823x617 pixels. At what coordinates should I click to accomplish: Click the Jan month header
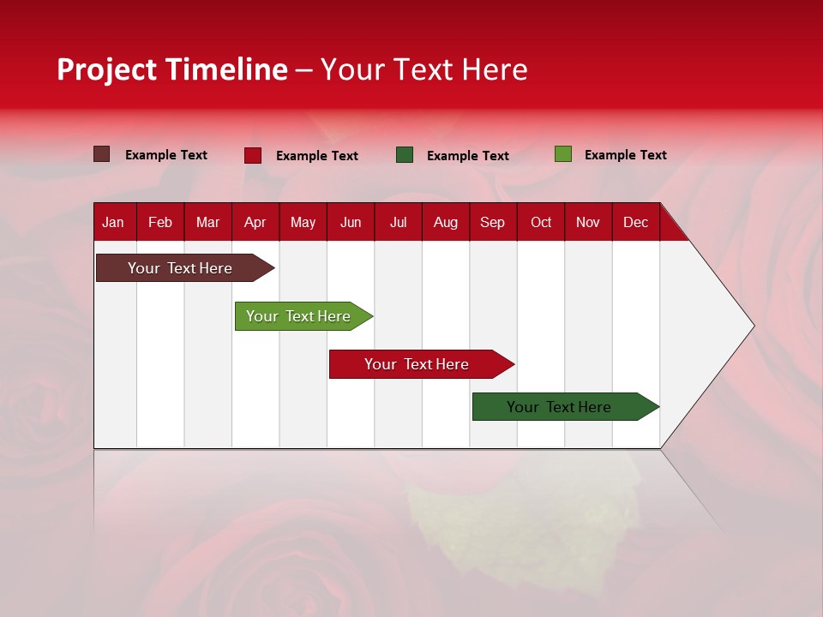tap(113, 222)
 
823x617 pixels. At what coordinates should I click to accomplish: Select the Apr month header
tap(255, 222)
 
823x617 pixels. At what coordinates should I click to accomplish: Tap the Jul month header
tap(398, 222)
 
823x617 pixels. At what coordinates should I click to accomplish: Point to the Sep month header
tap(492, 222)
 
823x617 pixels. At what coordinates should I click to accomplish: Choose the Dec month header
tap(635, 222)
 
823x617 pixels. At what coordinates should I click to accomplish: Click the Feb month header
tap(160, 222)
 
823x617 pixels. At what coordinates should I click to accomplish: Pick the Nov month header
tap(587, 222)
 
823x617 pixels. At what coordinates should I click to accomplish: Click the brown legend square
tap(102, 154)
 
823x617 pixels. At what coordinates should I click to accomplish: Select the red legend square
tap(253, 155)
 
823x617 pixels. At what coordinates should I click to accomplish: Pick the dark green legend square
tap(405, 155)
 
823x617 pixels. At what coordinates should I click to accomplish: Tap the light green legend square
tap(563, 154)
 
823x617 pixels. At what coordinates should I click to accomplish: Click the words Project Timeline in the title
tap(172, 69)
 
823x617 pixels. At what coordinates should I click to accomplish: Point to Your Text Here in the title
tap(424, 69)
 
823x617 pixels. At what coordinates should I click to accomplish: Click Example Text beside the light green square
tap(625, 155)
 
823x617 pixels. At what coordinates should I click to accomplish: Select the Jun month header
tap(350, 222)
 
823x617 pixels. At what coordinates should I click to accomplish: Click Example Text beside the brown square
tap(165, 155)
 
